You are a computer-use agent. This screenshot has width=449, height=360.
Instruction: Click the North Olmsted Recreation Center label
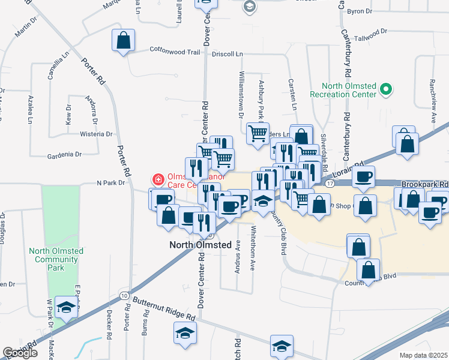[343, 90]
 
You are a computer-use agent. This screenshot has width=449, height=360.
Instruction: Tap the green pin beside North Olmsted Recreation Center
[387, 91]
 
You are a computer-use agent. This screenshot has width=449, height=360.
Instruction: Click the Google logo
[20, 353]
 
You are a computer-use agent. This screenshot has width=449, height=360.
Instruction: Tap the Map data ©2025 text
[424, 355]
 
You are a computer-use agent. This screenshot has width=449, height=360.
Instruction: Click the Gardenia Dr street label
[64, 155]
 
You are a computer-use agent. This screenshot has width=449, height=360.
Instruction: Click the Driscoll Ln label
[228, 54]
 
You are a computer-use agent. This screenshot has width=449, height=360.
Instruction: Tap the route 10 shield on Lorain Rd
[124, 296]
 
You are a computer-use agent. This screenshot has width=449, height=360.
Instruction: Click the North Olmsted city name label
[200, 245]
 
